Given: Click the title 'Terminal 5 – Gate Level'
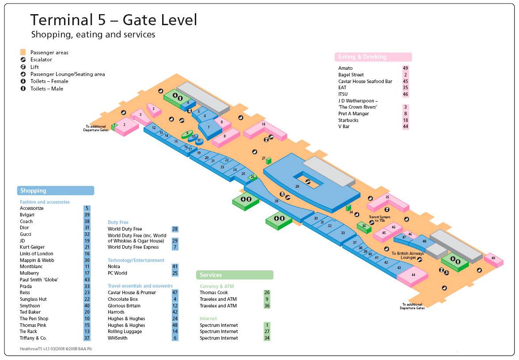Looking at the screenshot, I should pos(114,20).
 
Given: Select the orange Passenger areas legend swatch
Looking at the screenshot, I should pos(23,52).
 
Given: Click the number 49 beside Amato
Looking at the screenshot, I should pos(405,68).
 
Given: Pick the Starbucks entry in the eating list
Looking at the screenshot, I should pos(349,120).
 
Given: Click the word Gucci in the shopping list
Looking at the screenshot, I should pos(26,234).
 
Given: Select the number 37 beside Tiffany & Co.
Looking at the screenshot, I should pos(87,338).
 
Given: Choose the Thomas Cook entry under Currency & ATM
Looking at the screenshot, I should pos(213,292).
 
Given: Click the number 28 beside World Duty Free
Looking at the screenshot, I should pos(175,229).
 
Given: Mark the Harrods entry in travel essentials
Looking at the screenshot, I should pos(117,312).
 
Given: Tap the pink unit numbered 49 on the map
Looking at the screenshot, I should pos(493,259).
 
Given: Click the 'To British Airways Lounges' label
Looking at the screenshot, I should pos(407,255).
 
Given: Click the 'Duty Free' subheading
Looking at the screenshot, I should pos(118,223).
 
